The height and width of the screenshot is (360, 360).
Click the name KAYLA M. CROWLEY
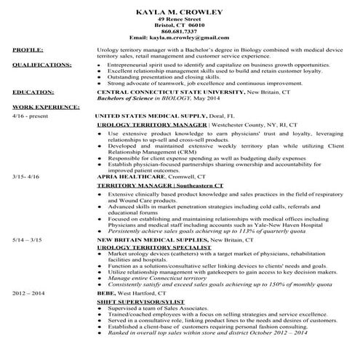tap(179, 11)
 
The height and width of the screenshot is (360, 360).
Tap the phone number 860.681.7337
tap(179, 31)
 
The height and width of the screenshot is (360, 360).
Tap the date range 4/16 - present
tap(29, 115)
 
